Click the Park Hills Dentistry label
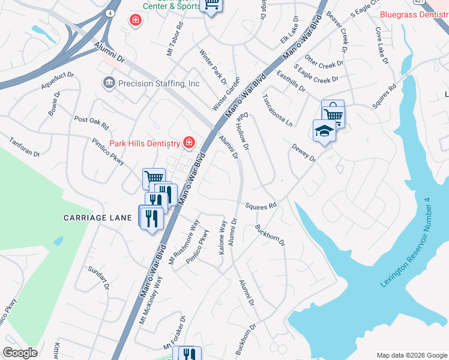point(144,143)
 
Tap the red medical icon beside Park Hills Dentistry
point(188,142)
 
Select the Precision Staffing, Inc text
point(158,83)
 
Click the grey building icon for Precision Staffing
point(109,83)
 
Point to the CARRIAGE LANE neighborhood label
point(97,218)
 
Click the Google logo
point(20,353)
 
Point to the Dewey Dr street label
point(303,152)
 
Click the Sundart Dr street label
point(98,278)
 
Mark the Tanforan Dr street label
point(24,147)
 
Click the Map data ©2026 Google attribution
point(411,355)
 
